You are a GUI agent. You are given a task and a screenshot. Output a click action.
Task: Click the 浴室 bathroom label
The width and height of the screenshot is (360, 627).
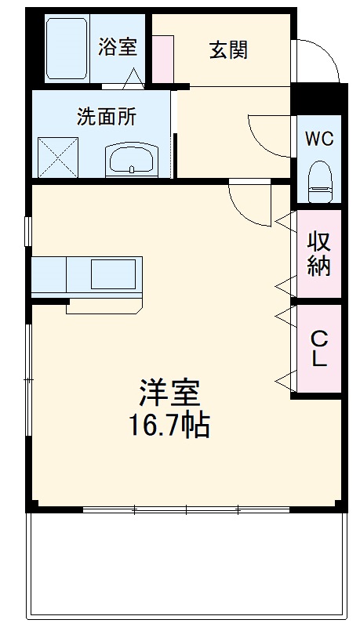tap(118, 47)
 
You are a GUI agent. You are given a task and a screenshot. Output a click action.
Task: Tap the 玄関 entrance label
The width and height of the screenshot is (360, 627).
tap(228, 50)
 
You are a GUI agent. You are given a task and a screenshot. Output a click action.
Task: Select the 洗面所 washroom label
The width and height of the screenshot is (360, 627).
tap(106, 117)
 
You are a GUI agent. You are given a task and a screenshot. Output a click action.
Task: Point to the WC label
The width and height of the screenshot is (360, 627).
tap(319, 140)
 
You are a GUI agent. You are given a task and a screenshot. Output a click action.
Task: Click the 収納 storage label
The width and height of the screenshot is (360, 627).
tap(318, 253)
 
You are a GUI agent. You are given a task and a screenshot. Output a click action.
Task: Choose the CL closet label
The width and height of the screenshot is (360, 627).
tap(319, 350)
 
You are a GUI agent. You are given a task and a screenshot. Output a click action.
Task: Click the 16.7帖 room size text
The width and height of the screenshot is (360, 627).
tap(169, 425)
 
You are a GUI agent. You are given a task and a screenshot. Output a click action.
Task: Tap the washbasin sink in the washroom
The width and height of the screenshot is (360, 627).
tap(132, 161)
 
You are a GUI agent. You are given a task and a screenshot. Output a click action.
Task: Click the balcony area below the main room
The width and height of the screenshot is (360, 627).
tap(186, 568)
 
